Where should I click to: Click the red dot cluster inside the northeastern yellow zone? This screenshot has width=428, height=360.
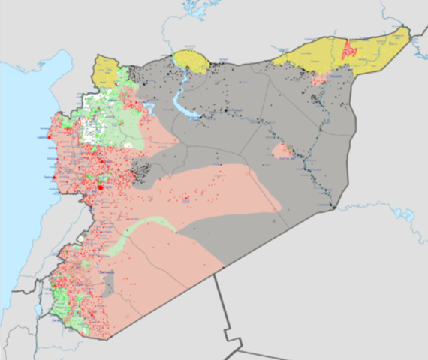348,50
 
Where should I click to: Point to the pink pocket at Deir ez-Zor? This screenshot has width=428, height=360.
282,151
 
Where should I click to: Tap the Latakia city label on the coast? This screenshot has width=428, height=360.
43,137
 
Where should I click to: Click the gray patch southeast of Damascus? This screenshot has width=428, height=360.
109,283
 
